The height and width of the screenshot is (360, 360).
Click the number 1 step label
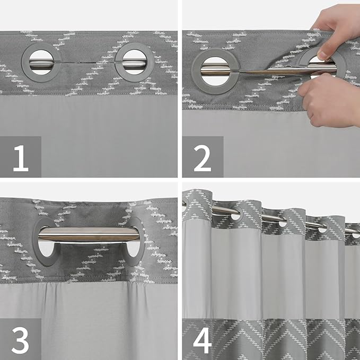pyautogui.click(x=20, y=157)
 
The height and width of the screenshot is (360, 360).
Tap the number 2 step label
pyautogui.click(x=203, y=157)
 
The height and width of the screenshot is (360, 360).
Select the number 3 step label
pyautogui.click(x=20, y=339)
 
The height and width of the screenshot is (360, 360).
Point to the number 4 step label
pyautogui.click(x=203, y=339)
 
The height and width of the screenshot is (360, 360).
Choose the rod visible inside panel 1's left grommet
pyautogui.click(x=42, y=63)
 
